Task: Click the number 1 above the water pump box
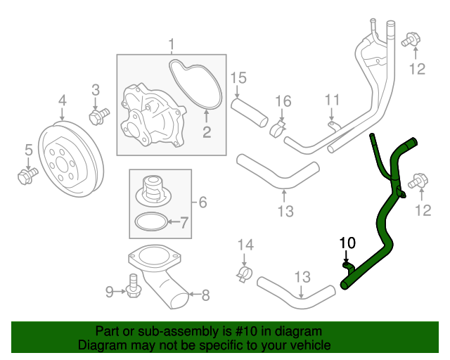tap(171, 46)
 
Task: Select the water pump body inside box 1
tap(148, 113)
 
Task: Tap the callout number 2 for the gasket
tap(207, 131)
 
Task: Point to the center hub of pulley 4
tap(70, 166)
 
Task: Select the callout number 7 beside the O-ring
tap(184, 224)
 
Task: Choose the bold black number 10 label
tap(347, 243)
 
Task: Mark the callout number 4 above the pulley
tap(62, 101)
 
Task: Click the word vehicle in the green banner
tap(305, 345)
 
